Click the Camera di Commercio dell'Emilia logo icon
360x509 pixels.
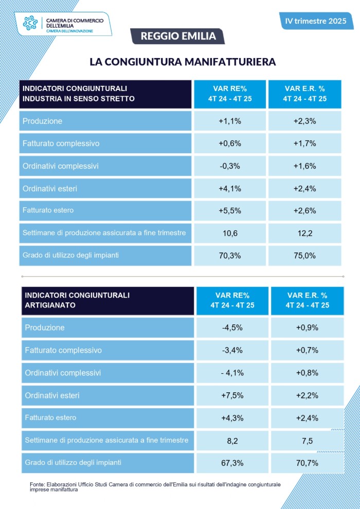pos(30,23)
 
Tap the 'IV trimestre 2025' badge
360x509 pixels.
pos(316,21)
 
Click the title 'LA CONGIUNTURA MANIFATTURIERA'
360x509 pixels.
pos(183,62)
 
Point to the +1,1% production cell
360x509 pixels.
pos(229,121)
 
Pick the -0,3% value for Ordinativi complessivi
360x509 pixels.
pos(229,166)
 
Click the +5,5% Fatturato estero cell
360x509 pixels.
pos(229,211)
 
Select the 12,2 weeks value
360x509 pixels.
pos(304,233)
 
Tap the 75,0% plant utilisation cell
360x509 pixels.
pos(304,256)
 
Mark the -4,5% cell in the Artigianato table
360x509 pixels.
pos(232,328)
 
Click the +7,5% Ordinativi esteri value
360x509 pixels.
pos(232,395)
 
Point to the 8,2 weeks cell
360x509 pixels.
pos(232,440)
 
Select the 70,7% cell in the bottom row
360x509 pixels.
pos(307,463)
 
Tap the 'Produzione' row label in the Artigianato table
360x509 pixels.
pos(45,328)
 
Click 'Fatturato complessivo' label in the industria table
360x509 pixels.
pos(61,143)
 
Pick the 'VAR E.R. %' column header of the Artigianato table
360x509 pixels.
pos(307,300)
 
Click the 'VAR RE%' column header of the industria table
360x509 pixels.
pos(229,94)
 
